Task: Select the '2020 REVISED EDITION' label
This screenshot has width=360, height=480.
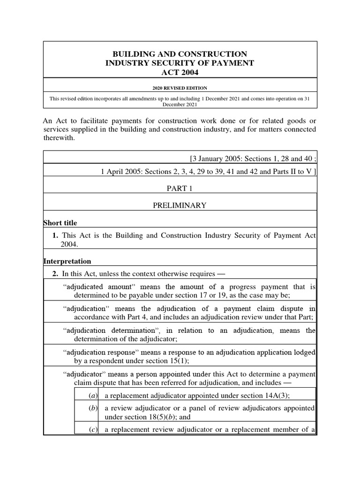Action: tap(180, 88)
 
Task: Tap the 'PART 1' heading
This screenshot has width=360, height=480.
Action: tap(180, 188)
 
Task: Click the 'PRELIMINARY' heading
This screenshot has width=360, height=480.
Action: tap(180, 205)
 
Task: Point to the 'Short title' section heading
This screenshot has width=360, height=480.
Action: tap(60, 223)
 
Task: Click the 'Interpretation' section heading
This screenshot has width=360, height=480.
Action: tap(67, 261)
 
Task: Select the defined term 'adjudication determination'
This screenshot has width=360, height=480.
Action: tap(105, 330)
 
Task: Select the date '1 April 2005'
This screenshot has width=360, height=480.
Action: tap(120, 172)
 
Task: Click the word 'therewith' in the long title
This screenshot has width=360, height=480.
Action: tap(59, 138)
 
